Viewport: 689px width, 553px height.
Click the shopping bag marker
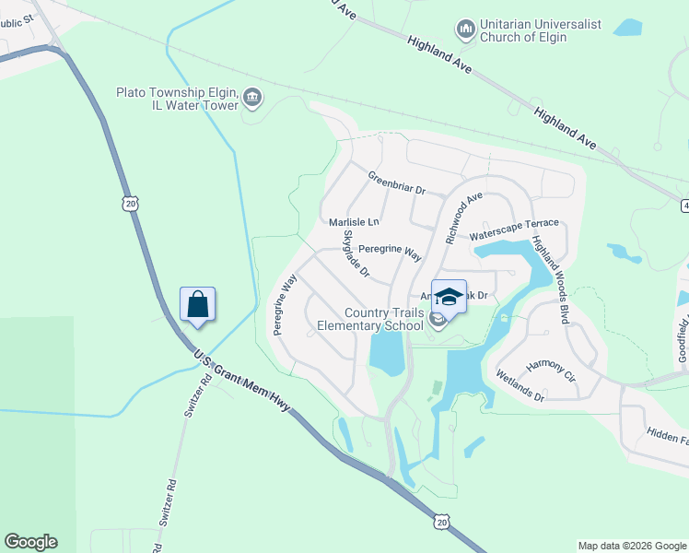tap(198, 303)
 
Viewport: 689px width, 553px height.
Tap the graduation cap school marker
tap(449, 297)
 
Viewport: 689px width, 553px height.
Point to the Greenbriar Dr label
tap(396, 182)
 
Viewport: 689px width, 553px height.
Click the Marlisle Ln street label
tap(354, 222)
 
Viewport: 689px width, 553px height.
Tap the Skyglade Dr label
tap(356, 254)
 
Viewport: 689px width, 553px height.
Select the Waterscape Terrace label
tap(514, 229)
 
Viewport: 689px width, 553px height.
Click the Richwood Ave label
tap(463, 218)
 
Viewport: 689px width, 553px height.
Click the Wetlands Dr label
tap(520, 385)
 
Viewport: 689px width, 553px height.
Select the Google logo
tap(30, 542)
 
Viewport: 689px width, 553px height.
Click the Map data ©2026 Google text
tap(632, 546)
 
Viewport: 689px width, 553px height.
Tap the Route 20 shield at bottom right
tap(441, 522)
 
